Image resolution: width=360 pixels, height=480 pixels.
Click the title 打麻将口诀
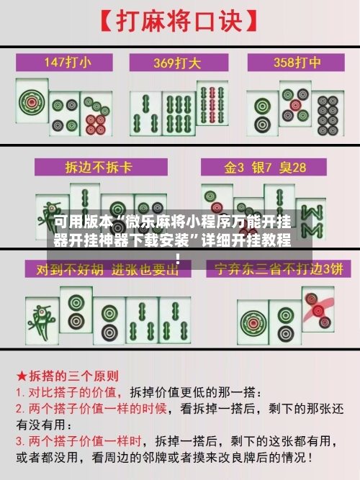(179, 21)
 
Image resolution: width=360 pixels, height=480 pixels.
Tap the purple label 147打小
(64, 63)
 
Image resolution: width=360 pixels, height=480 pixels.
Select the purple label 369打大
(179, 63)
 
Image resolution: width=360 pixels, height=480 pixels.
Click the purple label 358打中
(296, 63)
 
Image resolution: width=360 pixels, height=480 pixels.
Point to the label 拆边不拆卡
(101, 167)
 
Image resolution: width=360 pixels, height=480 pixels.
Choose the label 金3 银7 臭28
(264, 167)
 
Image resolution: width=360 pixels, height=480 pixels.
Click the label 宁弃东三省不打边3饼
(278, 269)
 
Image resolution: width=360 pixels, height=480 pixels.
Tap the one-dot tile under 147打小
(32, 101)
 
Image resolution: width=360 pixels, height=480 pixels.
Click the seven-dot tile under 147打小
(96, 114)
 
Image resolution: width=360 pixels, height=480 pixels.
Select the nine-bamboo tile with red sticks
(212, 103)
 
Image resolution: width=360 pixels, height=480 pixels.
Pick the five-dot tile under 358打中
(295, 104)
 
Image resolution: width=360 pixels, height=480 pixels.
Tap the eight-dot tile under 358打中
(328, 114)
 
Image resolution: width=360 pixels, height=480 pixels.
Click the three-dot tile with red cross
(318, 309)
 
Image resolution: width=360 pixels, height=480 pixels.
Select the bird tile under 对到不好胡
(42, 320)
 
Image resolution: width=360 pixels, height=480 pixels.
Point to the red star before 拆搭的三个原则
(22, 376)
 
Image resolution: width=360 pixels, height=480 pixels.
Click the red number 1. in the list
(20, 393)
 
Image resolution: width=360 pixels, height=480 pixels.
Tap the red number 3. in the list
(20, 441)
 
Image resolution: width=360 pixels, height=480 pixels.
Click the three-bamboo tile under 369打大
(146, 114)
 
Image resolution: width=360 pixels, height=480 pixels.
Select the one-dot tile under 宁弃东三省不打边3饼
(253, 322)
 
